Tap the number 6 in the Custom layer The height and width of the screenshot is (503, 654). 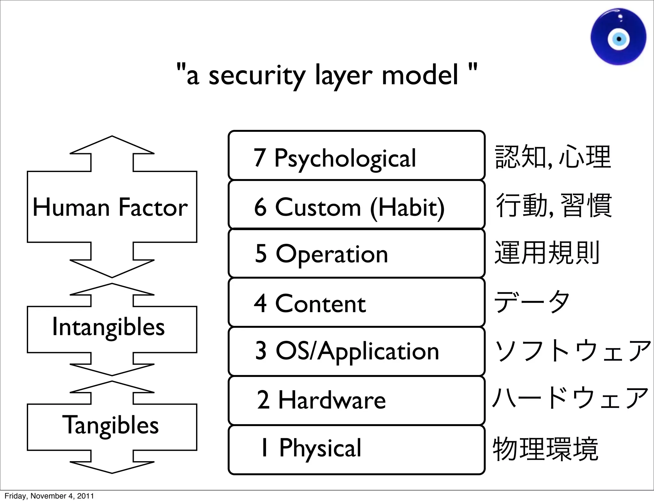260,207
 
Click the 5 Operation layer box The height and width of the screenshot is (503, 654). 356,253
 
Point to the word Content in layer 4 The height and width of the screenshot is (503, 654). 320,304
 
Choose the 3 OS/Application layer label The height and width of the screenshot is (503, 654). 347,351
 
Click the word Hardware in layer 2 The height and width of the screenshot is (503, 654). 332,400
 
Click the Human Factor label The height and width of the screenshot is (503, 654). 110,207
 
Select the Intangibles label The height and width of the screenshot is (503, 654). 109,327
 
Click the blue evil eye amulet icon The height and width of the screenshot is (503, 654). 618,37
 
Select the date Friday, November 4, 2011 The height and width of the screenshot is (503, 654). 49,496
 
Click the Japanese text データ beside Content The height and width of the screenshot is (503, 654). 531,302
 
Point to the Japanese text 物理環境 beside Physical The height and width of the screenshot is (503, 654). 545,449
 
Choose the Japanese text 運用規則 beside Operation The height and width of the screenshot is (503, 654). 547,253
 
